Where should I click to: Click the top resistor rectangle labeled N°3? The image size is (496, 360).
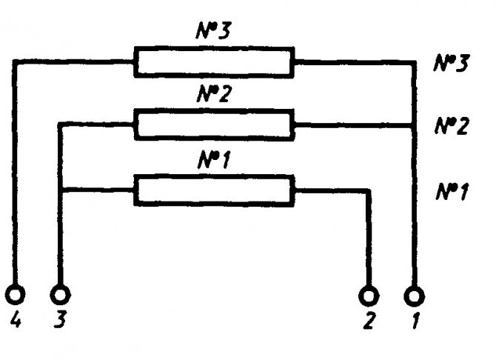pos(213,62)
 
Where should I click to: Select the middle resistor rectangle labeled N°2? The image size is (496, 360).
pos(213,124)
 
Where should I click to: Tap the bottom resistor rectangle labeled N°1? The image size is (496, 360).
pos(213,190)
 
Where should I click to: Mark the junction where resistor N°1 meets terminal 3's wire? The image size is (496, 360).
pos(61,190)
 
